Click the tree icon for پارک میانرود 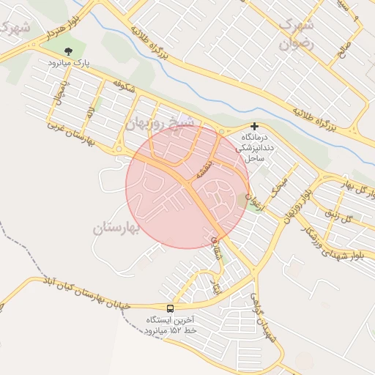pos(68,51)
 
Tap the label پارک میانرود pos(68,64)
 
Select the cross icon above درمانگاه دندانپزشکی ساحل pos(254,126)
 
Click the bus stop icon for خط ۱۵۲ pos(171,309)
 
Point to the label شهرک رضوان pos(297,34)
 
